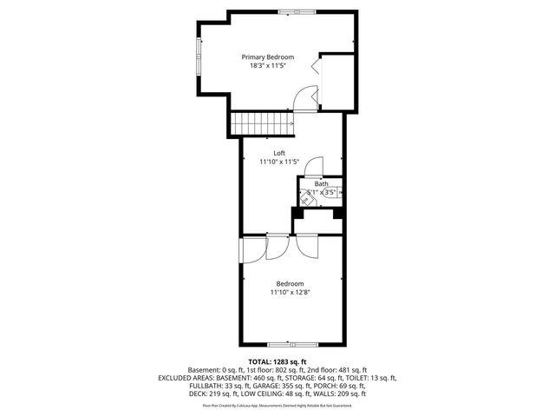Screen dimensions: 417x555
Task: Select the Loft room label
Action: (279, 152)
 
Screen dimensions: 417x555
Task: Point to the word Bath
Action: (321, 183)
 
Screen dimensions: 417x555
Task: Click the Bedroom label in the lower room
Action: (290, 284)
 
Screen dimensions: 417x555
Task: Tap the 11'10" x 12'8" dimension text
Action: (290, 294)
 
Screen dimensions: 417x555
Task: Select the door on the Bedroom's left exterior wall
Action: (251, 253)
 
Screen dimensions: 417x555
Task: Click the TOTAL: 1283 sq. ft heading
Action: (277, 361)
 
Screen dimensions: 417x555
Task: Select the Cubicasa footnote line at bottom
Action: (277, 405)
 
